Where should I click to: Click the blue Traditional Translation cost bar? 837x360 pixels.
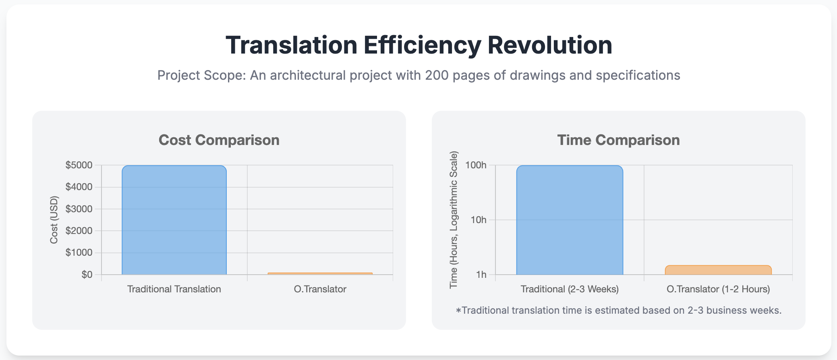click(174, 220)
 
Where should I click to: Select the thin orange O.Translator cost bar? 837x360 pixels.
click(320, 274)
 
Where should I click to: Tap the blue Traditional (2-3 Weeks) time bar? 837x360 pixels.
click(570, 220)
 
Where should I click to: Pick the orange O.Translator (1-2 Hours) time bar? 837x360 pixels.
click(718, 270)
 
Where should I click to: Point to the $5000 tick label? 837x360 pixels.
click(79, 165)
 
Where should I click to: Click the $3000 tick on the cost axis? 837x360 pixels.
click(79, 209)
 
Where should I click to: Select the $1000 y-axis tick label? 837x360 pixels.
click(79, 252)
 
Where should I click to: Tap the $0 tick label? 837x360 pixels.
click(87, 275)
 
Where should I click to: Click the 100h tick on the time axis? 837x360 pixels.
click(476, 165)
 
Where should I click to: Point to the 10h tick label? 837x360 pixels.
click(479, 220)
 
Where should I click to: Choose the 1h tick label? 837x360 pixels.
click(481, 275)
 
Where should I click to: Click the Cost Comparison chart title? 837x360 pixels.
click(219, 140)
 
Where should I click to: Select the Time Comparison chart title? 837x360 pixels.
click(619, 140)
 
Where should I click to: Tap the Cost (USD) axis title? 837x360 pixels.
click(54, 220)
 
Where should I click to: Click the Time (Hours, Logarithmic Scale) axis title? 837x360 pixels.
click(454, 220)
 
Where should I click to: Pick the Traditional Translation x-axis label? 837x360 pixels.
click(174, 289)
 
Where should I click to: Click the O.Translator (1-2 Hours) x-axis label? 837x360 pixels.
click(718, 289)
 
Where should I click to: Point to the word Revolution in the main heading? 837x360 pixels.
click(550, 45)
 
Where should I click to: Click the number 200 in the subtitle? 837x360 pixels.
click(437, 75)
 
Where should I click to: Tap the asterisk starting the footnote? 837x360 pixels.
click(458, 310)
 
